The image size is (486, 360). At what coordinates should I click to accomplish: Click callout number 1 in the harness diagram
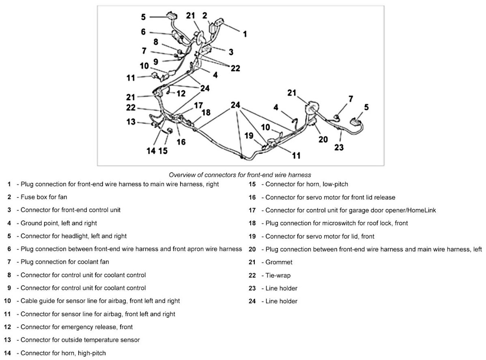coord(244,34)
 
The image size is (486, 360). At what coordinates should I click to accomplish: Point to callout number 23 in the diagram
coord(339,147)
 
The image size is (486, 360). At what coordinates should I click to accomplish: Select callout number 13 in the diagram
coord(131,121)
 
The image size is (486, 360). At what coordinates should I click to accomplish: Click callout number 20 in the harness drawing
coord(323,139)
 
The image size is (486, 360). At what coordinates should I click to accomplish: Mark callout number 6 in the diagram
coord(143,31)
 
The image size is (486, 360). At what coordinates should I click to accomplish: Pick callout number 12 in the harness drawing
coord(181,93)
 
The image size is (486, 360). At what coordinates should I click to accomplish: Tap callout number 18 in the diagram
coord(206,112)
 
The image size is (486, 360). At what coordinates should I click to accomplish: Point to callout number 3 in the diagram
coord(231,52)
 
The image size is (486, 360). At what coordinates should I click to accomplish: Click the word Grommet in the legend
coord(279,262)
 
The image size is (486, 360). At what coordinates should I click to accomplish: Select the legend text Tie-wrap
coord(278,275)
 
